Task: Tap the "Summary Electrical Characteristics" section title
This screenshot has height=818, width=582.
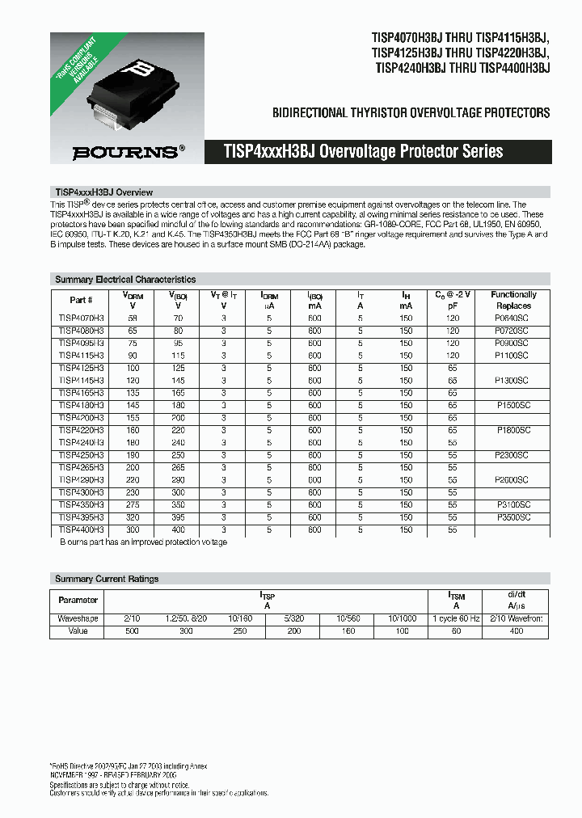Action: click(125, 280)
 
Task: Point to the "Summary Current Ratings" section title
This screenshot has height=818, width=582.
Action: click(107, 579)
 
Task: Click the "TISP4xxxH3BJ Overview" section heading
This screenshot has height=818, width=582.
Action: click(103, 192)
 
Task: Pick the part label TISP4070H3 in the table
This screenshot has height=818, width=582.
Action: click(82, 318)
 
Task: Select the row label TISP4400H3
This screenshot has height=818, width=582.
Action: click(82, 529)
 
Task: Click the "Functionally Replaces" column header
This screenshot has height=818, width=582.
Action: click(513, 300)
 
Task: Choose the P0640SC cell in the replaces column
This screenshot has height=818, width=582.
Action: click(513, 318)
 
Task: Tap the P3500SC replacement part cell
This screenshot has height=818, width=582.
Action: click(513, 517)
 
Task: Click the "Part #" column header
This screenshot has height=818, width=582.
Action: click(82, 300)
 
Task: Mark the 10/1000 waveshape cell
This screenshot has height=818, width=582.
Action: click(403, 618)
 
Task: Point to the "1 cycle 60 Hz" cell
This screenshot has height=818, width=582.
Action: click(456, 618)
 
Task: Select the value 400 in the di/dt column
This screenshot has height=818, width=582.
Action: click(517, 630)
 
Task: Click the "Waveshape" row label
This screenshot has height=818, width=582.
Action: click(78, 618)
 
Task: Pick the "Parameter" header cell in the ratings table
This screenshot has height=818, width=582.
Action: click(78, 600)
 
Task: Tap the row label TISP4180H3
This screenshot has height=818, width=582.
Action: click(82, 405)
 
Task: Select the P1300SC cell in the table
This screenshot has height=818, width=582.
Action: click(513, 380)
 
